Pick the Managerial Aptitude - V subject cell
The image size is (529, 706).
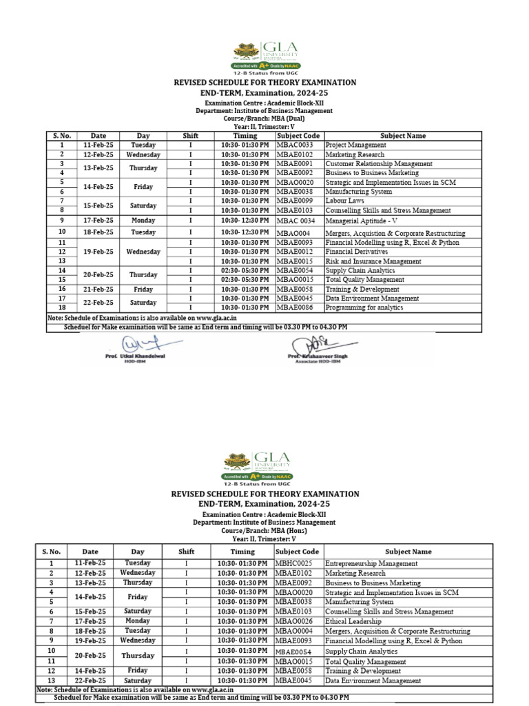(362, 221)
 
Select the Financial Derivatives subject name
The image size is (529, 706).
(355, 252)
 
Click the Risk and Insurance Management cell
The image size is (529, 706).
(373, 262)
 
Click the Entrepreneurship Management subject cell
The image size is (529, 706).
(371, 563)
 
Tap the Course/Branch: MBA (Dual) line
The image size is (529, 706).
(264, 118)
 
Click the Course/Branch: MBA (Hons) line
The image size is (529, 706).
(264, 530)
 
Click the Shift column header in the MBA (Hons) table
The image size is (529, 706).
(186, 552)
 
